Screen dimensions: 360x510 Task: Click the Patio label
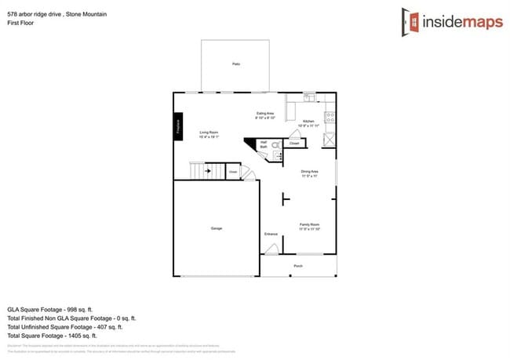point(235,64)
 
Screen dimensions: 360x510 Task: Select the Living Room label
point(208,134)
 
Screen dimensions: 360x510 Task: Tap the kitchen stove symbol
point(330,118)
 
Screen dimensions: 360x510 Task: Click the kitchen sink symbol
point(309,97)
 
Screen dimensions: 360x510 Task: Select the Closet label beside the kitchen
point(294,144)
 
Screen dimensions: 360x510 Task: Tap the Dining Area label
point(309,173)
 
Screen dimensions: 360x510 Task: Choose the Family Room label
point(309,226)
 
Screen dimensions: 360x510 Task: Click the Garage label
point(216,228)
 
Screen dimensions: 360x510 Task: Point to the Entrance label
point(271,234)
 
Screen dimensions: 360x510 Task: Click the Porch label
point(298,266)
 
